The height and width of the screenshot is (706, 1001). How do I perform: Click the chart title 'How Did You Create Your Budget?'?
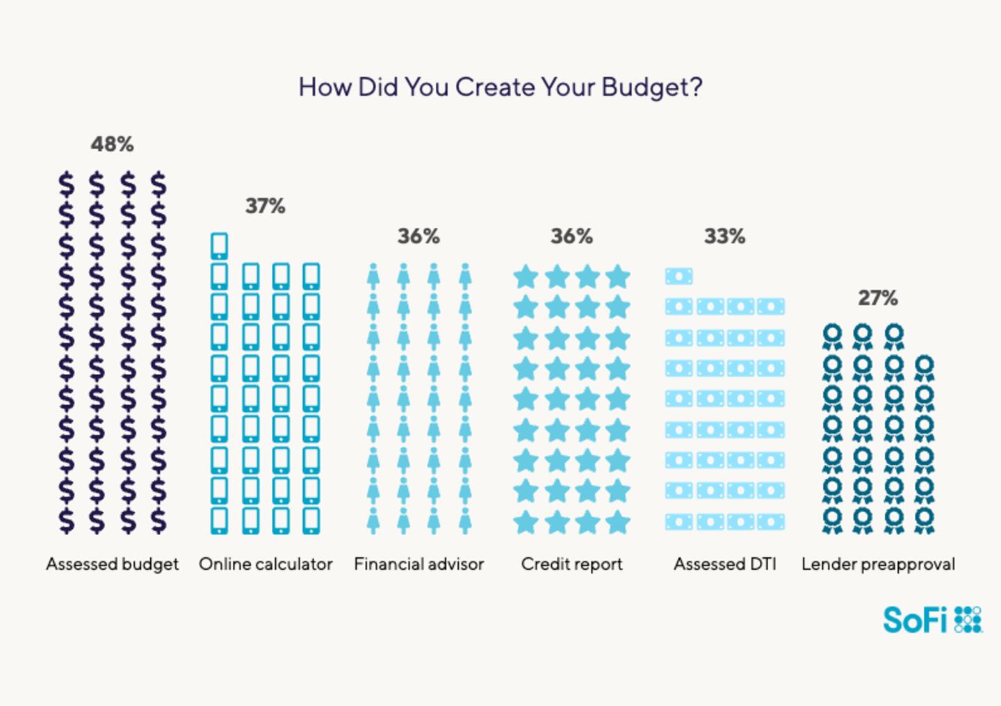click(500, 88)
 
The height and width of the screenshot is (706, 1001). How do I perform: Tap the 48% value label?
click(112, 145)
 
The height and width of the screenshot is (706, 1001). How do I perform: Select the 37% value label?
click(265, 206)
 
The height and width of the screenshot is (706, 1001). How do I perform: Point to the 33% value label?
click(724, 236)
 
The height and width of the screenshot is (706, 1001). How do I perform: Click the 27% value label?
click(877, 298)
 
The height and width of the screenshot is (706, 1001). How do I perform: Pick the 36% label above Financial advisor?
click(418, 236)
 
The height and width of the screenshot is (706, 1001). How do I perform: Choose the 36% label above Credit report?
click(571, 236)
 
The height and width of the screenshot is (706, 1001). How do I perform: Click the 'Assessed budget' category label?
click(112, 564)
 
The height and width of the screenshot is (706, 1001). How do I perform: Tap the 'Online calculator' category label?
click(266, 564)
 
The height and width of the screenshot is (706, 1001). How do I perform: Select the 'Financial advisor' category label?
click(418, 564)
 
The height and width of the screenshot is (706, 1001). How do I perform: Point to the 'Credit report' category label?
click(571, 564)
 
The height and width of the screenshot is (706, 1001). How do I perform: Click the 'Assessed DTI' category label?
click(724, 564)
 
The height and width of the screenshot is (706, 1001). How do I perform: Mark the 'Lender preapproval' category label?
click(878, 564)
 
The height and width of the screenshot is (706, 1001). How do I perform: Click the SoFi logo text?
click(915, 620)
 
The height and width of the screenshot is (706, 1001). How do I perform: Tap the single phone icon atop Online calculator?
click(219, 246)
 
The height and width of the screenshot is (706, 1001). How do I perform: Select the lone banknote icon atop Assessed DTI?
click(678, 277)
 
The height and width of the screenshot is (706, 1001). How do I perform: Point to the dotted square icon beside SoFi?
click(968, 619)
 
